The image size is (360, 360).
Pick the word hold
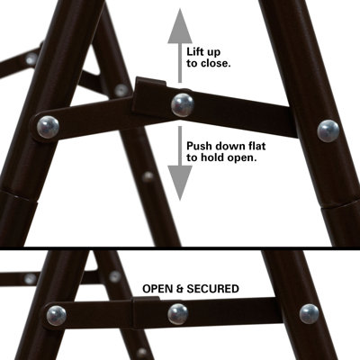point(219,157)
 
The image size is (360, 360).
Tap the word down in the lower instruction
point(231,144)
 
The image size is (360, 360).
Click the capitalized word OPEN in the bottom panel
point(162,289)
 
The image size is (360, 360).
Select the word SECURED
point(211,289)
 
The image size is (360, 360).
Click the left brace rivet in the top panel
point(49,126)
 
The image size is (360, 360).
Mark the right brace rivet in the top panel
point(328,130)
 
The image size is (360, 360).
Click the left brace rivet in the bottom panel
point(56,315)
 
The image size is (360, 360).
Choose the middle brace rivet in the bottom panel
point(178,313)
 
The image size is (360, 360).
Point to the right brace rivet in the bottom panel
point(310,314)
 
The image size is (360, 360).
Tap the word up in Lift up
point(222,51)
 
